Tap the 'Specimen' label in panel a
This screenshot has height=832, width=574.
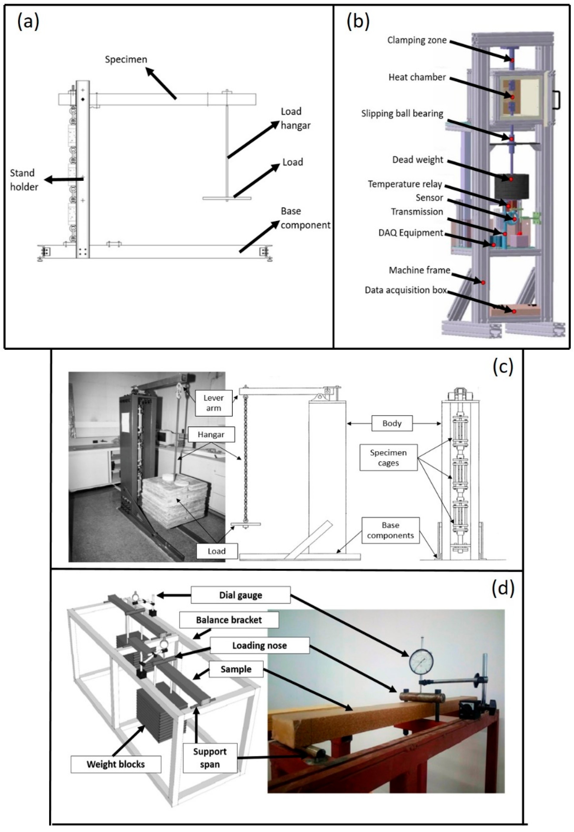[126, 59]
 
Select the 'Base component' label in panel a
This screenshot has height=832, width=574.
[305, 218]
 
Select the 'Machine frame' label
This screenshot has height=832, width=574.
[419, 270]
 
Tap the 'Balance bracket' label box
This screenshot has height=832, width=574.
[229, 620]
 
